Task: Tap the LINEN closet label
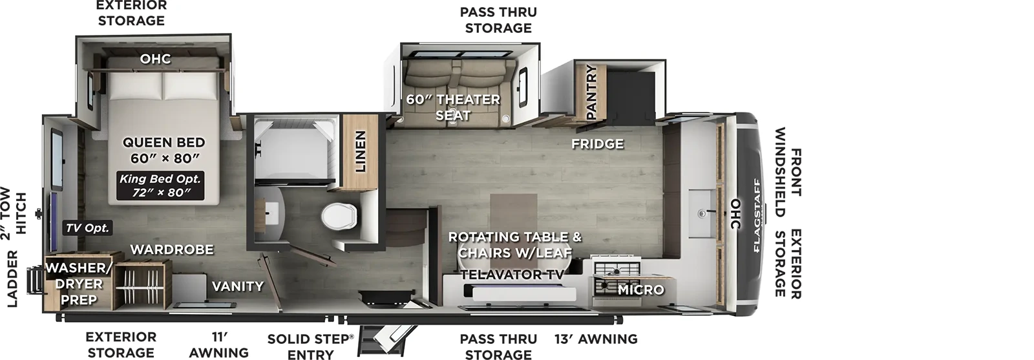click(360, 152)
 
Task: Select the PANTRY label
click(590, 92)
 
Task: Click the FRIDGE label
click(597, 143)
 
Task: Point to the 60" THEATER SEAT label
click(452, 107)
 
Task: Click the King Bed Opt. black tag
click(160, 185)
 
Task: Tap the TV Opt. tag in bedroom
click(87, 228)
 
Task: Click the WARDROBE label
click(171, 249)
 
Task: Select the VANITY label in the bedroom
click(237, 286)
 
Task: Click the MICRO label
click(640, 290)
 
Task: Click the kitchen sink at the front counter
click(702, 211)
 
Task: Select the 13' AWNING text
click(595, 339)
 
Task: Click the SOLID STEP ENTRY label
click(310, 346)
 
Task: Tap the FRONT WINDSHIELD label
click(788, 172)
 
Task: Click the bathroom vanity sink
click(273, 211)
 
